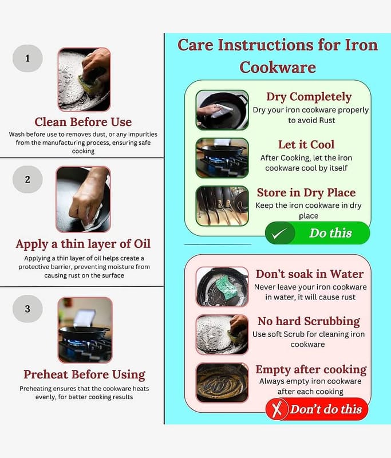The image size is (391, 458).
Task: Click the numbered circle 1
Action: coord(27,58)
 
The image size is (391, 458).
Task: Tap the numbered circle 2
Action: coord(27,179)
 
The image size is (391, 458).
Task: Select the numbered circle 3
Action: coord(27,309)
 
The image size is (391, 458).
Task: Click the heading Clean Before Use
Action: coord(83,122)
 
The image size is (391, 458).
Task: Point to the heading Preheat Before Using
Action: coord(84,375)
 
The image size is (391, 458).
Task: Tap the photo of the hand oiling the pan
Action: coord(83,199)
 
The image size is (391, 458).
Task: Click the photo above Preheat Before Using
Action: coord(85,330)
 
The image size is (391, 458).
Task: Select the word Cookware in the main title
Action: coord(278,67)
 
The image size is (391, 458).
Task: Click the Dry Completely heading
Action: coord(309,97)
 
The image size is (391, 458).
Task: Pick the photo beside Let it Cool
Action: coord(222,158)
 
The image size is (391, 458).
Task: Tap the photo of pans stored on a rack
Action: coord(222,206)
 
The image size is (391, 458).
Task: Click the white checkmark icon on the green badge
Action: coord(279,234)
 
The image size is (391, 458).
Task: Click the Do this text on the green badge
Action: coord(330,233)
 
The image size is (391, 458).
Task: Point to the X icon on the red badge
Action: coord(277,409)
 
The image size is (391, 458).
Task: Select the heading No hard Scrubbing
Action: coord(309,321)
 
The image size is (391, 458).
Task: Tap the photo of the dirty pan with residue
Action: coord(222,382)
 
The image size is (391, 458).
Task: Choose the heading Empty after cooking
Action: coord(311,369)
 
